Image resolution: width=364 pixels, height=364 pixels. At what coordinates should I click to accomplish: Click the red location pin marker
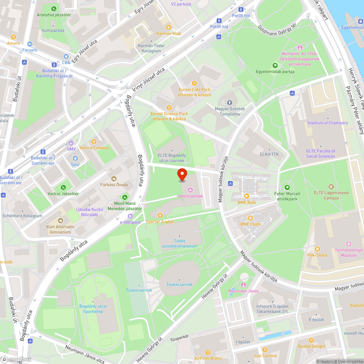(182, 175)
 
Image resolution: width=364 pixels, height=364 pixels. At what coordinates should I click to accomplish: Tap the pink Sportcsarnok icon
(190, 189)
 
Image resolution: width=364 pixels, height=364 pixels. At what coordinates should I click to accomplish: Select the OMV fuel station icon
(71, 143)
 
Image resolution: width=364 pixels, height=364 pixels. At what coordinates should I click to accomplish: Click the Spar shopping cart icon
(75, 158)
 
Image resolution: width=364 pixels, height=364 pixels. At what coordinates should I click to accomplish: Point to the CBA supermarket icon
(66, 57)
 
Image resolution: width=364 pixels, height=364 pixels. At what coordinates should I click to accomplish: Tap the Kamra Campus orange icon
(94, 141)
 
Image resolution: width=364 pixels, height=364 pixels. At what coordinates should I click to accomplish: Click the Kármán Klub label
(168, 33)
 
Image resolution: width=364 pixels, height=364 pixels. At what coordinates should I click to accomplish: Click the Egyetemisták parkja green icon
(275, 65)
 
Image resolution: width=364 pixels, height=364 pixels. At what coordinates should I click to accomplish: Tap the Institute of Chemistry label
(328, 123)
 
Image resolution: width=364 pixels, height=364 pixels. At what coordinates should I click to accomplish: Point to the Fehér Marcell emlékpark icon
(287, 187)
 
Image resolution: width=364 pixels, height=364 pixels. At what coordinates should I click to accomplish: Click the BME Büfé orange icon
(246, 196)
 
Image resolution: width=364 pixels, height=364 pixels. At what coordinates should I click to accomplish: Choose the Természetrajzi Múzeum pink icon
(349, 244)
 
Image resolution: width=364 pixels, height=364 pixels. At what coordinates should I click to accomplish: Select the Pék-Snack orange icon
(317, 249)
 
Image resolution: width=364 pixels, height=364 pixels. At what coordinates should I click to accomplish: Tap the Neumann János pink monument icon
(244, 284)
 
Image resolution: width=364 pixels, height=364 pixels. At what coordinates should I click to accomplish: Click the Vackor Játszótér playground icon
(63, 187)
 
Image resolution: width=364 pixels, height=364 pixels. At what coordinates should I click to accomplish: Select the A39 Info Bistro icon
(207, 352)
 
